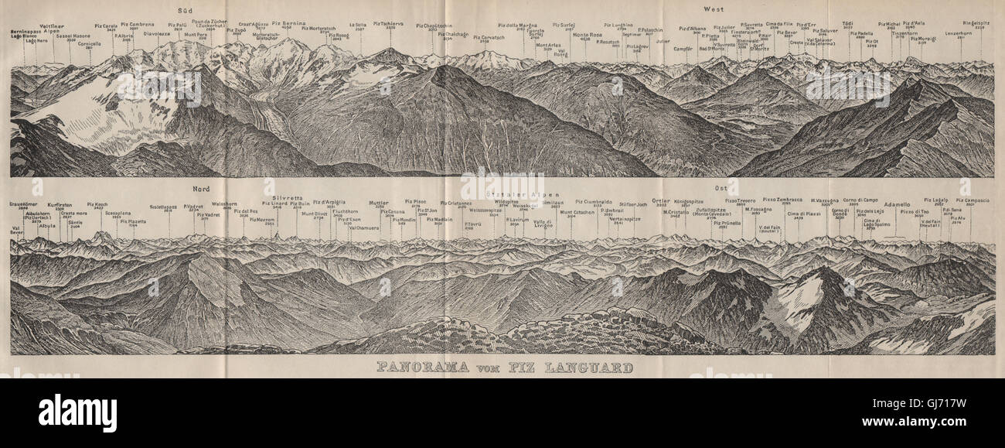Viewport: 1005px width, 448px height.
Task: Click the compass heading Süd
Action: [x=184, y=11]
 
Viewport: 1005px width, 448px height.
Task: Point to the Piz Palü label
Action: [x=177, y=25]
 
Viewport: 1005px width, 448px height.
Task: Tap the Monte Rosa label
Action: [x=591, y=35]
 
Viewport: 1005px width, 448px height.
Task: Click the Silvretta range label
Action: [x=279, y=186]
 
